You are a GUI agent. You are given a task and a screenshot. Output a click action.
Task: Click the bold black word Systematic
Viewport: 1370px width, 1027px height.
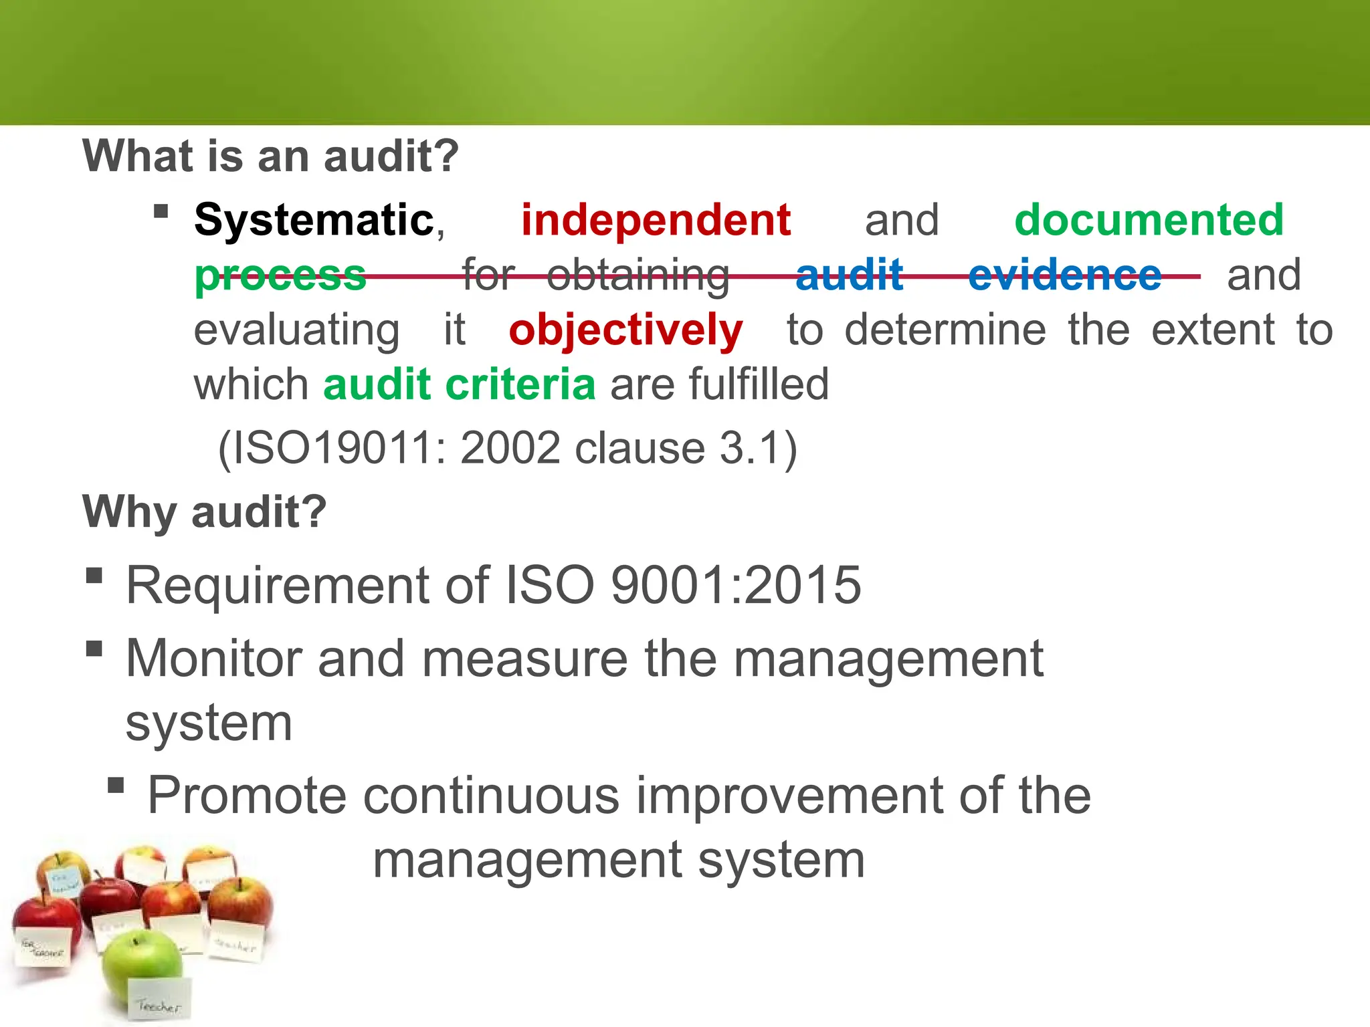314,220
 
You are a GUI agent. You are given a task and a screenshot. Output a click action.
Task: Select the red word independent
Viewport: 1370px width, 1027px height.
656,220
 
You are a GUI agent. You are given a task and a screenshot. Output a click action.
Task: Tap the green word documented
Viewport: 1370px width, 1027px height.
1149,220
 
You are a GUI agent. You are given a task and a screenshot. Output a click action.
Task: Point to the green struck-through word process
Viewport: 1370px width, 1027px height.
280,275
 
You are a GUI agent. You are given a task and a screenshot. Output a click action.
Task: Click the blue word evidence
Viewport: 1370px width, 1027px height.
1064,275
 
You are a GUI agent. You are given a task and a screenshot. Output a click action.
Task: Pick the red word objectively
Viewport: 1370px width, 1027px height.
625,330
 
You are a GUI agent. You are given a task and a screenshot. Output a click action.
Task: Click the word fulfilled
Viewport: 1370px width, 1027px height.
759,384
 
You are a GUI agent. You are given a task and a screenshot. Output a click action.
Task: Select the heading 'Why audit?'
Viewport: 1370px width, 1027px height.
205,512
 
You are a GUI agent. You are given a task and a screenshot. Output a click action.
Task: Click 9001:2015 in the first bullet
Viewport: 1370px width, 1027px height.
736,585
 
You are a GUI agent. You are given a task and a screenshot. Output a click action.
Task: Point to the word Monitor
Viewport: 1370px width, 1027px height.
213,659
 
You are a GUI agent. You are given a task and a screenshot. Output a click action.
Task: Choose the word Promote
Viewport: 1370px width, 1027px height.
247,796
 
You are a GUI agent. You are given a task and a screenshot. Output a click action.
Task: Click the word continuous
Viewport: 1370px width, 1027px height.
491,796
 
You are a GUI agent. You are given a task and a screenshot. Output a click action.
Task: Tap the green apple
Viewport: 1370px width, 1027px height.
142,966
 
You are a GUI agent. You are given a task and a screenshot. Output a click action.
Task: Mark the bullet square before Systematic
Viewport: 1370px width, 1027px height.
161,212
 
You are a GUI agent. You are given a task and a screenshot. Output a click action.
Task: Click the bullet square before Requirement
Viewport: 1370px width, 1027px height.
94,576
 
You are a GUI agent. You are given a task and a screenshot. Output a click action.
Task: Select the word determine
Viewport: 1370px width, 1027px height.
945,330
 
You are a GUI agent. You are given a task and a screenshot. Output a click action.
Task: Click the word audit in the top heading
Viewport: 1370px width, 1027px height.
391,156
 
